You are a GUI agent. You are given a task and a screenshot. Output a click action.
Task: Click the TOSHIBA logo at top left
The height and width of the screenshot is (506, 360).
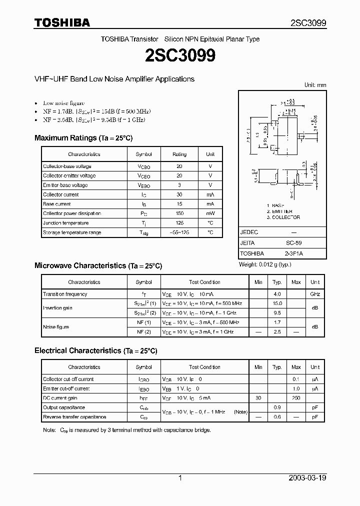coord(62,22)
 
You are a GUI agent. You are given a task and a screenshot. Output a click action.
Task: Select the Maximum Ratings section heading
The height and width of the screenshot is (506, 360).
coord(83,137)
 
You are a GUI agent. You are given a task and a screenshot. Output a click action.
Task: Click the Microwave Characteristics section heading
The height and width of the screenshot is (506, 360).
coord(98,265)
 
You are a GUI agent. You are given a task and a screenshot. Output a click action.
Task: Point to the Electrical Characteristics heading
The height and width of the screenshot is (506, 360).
coord(95,351)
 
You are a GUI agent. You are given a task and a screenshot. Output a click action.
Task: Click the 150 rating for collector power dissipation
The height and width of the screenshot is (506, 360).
coord(179,213)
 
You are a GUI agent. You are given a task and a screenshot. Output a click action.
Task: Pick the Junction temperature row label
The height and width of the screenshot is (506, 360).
coord(65,223)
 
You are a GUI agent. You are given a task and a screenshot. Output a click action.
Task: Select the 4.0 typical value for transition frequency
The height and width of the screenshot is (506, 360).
coord(277,294)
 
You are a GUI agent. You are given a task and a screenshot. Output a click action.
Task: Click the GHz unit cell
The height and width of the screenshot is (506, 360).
coord(315,294)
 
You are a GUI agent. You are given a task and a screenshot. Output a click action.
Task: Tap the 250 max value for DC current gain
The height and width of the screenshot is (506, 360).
coord(296,398)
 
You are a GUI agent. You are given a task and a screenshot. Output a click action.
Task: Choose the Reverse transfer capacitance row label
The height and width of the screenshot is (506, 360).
coord(74,417)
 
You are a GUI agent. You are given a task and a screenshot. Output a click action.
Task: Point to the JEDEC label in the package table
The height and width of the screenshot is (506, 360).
coord(249,232)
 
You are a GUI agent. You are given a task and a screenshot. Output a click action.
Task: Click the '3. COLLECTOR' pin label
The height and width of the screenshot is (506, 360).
coord(283,217)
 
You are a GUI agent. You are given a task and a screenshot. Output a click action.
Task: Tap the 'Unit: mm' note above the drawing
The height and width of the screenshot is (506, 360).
coord(315,85)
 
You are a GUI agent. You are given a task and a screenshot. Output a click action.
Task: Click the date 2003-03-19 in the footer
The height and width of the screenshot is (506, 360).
coord(307,478)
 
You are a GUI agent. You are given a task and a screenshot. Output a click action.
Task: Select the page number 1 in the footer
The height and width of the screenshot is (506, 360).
coord(180,478)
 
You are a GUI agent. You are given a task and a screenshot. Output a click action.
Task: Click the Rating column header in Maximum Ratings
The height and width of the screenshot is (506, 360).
coord(179,154)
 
